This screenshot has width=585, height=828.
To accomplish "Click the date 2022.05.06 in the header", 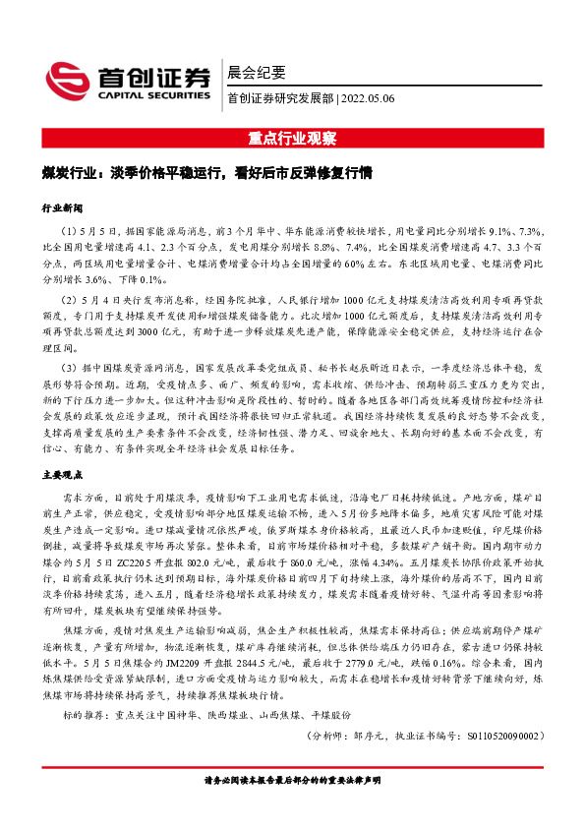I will click(x=368, y=98).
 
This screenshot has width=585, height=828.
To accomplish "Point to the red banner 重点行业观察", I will click(x=292, y=137).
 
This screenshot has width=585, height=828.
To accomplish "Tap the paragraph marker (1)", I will click(x=70, y=229).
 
